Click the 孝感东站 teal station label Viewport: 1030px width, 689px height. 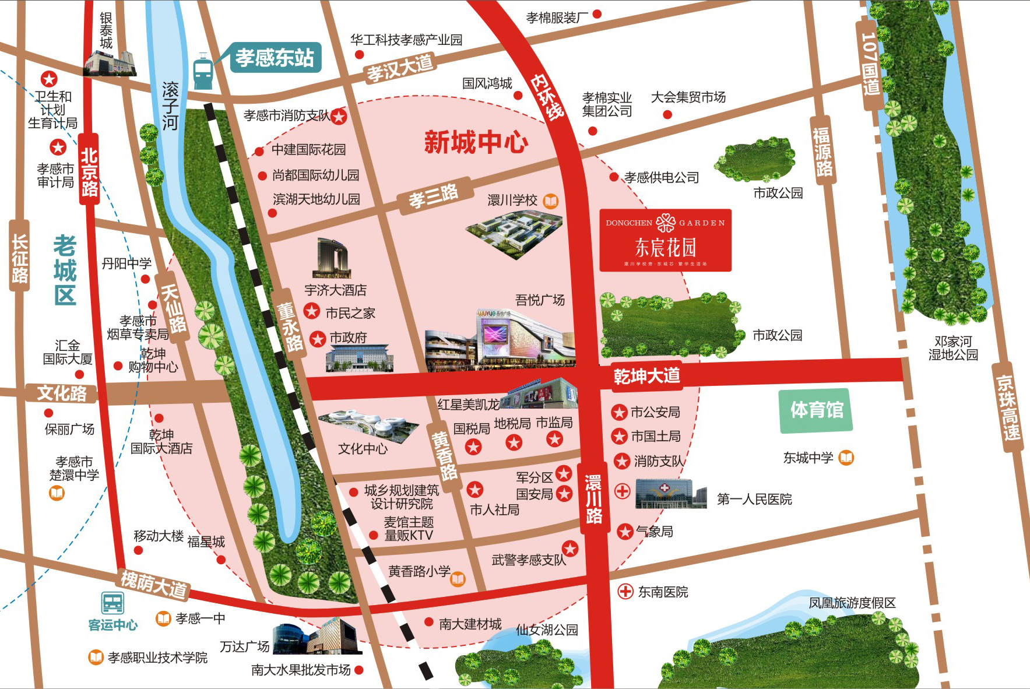click(x=275, y=58)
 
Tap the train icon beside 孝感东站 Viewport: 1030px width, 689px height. click(x=202, y=72)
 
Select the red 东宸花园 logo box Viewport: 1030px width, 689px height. click(x=665, y=240)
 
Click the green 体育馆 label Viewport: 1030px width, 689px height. click(x=816, y=410)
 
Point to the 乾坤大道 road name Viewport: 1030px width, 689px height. click(x=646, y=375)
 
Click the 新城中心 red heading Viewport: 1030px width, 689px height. click(x=476, y=142)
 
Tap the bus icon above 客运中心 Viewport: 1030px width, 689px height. click(x=113, y=603)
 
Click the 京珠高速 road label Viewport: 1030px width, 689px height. click(x=1008, y=407)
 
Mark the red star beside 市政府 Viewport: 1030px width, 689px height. click(x=318, y=338)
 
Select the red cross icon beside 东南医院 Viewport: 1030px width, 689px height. click(x=625, y=592)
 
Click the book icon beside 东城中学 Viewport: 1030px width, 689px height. click(x=846, y=458)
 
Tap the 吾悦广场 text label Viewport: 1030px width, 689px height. click(x=540, y=300)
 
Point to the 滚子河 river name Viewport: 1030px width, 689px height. click(x=170, y=106)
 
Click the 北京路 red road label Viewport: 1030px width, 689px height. click(x=89, y=172)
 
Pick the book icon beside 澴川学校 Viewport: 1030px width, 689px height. click(x=550, y=202)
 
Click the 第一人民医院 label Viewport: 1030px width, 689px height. click(x=754, y=499)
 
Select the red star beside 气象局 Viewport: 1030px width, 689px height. click(x=625, y=531)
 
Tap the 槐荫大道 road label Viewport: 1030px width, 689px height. click(x=153, y=583)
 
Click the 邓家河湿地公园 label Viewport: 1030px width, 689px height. click(x=953, y=348)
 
